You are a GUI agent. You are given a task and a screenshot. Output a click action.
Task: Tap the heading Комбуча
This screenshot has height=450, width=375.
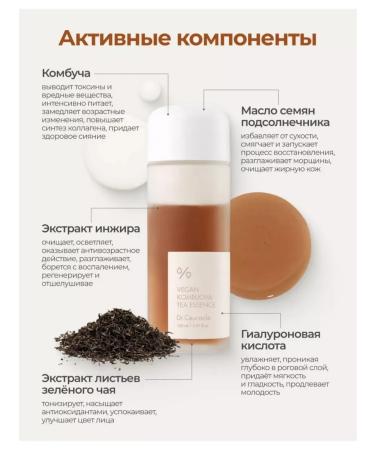[66, 73]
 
